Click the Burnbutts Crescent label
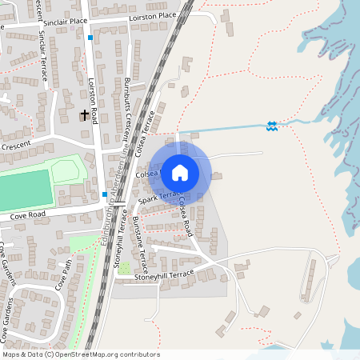(128, 108)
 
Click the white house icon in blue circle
(180, 172)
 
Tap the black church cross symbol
(84, 115)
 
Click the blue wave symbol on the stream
(272, 126)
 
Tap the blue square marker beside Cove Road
(105, 194)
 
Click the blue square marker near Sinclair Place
(90, 38)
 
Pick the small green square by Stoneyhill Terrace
(124, 267)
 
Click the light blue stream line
(224, 129)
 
